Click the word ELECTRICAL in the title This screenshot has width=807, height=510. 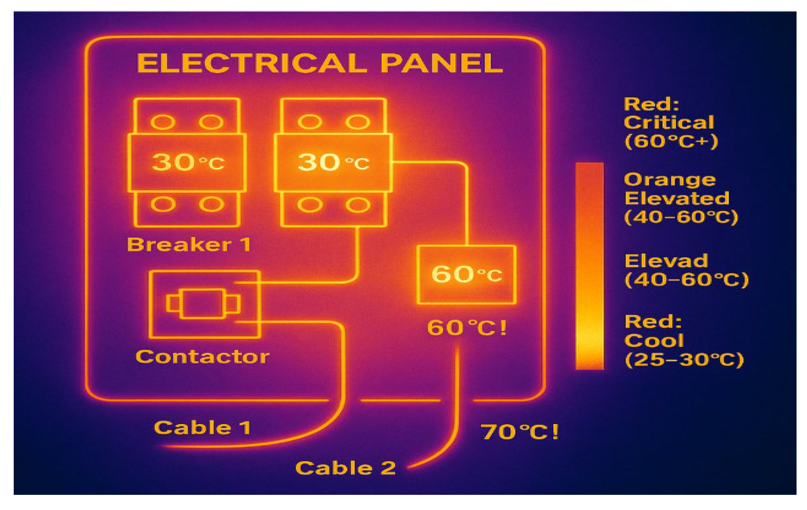(x=252, y=63)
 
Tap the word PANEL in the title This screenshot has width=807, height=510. (x=442, y=63)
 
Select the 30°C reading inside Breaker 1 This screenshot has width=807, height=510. (x=188, y=162)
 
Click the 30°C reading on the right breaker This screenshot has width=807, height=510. (x=333, y=162)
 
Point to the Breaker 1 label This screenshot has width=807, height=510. (x=189, y=245)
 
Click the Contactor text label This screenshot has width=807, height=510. (x=202, y=357)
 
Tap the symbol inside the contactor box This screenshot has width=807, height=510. (x=203, y=304)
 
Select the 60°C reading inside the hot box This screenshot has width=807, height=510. (x=466, y=274)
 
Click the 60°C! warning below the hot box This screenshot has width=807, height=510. (x=467, y=328)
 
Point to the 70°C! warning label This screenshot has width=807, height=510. (x=520, y=432)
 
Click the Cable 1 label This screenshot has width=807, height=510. (x=202, y=428)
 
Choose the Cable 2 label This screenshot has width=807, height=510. (x=346, y=468)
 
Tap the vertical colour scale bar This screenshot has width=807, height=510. (x=589, y=266)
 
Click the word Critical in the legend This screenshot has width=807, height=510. (x=669, y=122)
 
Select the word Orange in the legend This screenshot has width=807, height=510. (x=670, y=180)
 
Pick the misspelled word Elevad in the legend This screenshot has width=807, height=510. (x=666, y=261)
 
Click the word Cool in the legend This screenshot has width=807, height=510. (x=654, y=340)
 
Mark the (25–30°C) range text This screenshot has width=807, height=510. (x=684, y=359)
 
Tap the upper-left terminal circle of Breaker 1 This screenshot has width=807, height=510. (x=163, y=122)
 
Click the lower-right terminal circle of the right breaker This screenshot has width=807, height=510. (x=358, y=205)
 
